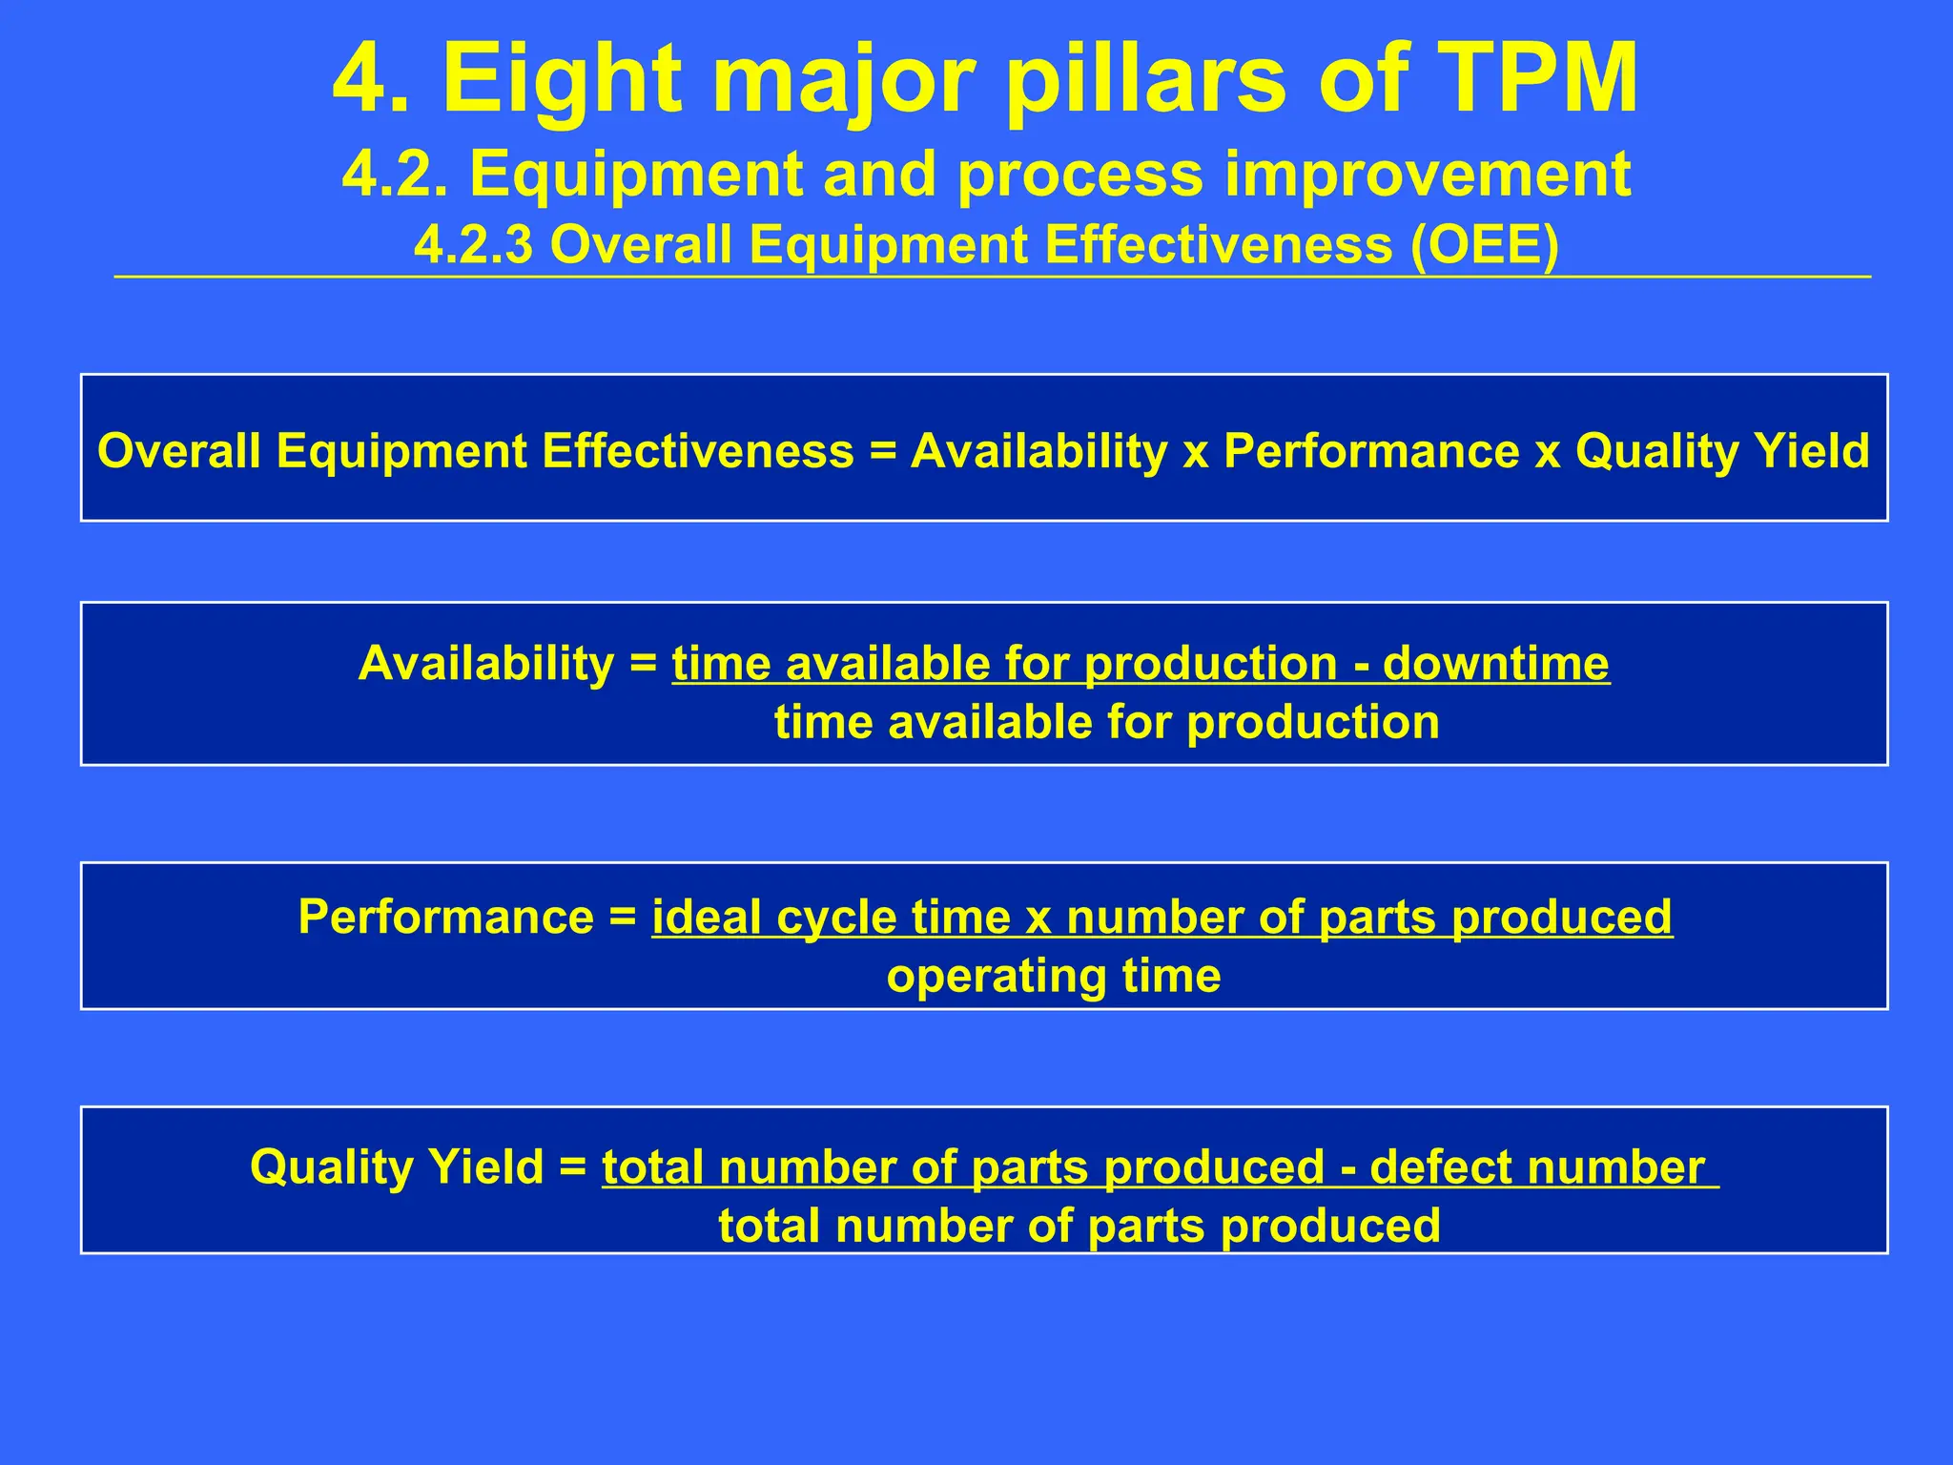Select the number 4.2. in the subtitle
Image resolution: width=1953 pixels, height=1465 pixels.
(x=394, y=175)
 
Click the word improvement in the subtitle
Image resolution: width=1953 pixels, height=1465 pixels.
(x=1428, y=175)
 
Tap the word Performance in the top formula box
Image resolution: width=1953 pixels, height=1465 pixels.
(x=1371, y=450)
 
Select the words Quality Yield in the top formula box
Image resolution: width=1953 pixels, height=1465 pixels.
(x=1722, y=450)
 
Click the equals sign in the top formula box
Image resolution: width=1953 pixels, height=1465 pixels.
(x=883, y=450)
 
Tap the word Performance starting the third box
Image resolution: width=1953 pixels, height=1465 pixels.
(x=446, y=917)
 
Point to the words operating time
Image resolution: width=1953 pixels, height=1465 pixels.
(x=1054, y=976)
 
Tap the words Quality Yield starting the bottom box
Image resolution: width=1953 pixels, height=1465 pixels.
(x=397, y=1166)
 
